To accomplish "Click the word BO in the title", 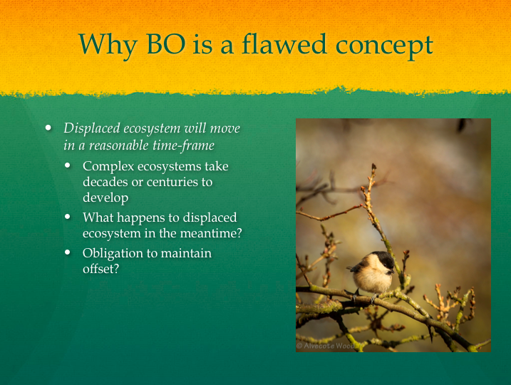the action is [x=166, y=43].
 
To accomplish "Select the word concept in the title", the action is [x=384, y=46].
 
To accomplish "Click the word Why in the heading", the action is [x=107, y=46].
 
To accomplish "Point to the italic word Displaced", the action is [x=91, y=128].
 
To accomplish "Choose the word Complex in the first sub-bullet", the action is [x=108, y=167].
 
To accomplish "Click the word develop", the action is [x=105, y=198].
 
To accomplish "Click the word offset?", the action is [x=100, y=269].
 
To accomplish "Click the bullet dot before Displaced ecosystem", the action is [x=48, y=128].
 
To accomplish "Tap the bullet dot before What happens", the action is [x=68, y=217].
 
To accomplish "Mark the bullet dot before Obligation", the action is [x=68, y=252].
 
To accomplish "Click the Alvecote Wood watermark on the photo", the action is [x=325, y=346].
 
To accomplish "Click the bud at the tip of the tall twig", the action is [x=373, y=167].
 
